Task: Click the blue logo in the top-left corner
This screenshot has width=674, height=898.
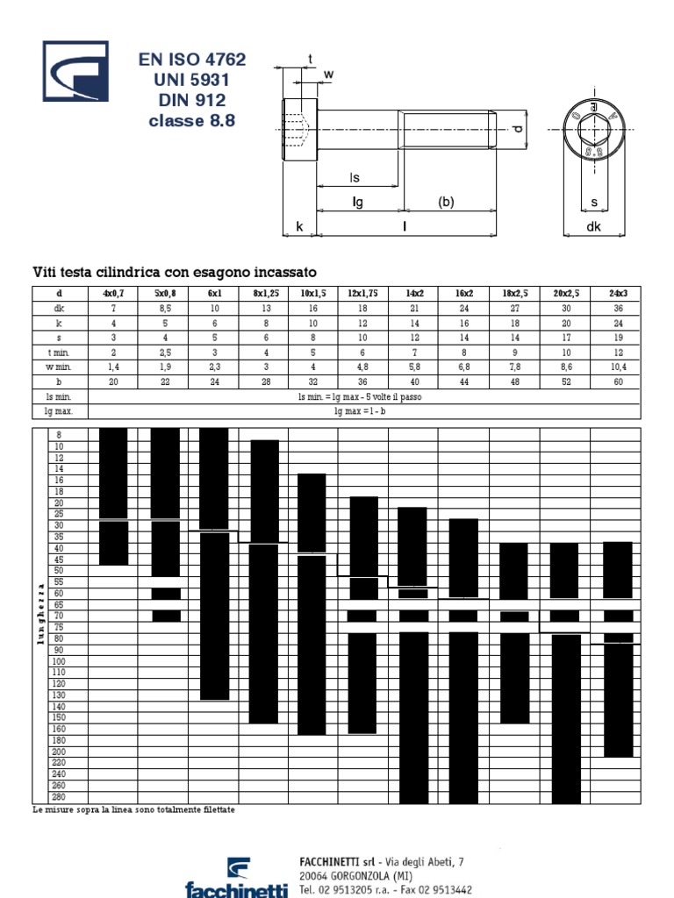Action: coord(75,72)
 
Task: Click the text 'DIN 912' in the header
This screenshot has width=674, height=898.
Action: coord(192,101)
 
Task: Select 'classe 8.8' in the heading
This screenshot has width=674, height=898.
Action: coord(192,122)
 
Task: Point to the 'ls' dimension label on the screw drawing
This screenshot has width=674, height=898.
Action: coord(355,178)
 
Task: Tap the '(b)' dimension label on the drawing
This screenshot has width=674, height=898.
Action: coord(447,202)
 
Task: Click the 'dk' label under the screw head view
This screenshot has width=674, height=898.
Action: coord(594,226)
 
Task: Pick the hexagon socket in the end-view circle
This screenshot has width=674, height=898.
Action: coord(595,130)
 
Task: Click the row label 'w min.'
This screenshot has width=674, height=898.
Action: coord(60,367)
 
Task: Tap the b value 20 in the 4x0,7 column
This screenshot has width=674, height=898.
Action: coord(114,381)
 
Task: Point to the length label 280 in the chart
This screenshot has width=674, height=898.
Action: coord(59,797)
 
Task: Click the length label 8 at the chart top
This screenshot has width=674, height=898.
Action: coord(59,435)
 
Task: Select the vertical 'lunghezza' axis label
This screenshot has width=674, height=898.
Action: coord(39,614)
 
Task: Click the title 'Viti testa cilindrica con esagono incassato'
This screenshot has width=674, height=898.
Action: coord(174,272)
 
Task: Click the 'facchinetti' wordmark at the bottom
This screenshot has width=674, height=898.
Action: coord(236,889)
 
